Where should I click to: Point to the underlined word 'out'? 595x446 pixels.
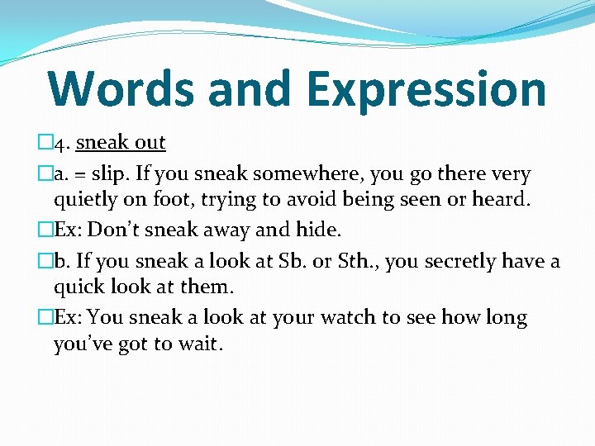point(150,143)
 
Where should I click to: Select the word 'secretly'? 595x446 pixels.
point(462,262)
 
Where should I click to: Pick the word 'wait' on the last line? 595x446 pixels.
point(199,343)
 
